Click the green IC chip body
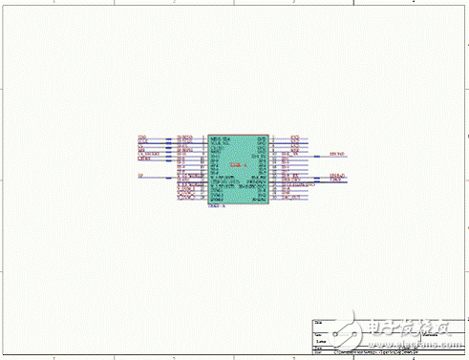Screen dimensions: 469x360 [238, 168]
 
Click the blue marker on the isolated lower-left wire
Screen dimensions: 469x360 [169, 177]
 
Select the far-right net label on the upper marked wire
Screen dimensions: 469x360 [337, 153]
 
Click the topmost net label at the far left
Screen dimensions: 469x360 [142, 138]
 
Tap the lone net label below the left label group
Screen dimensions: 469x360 [140, 176]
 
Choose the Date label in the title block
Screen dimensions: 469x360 [318, 348]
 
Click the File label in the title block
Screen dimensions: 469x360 [318, 353]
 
